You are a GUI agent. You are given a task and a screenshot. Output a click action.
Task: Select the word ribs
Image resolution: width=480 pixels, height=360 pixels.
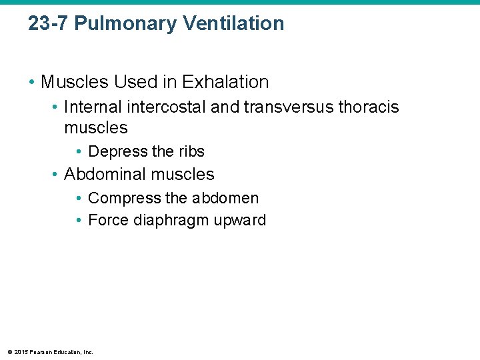point(191,151)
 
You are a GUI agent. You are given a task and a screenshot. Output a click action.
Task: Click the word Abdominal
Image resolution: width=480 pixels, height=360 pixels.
point(106,175)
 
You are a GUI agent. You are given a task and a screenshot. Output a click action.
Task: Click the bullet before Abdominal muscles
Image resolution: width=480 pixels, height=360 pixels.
point(55,175)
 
